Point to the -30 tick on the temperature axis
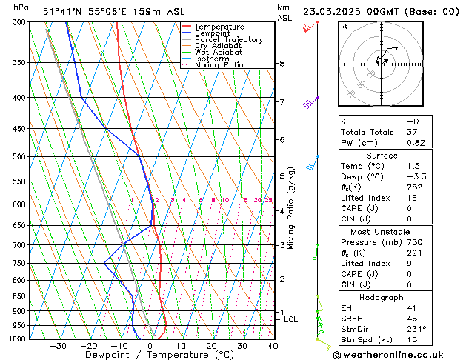(x=58, y=346)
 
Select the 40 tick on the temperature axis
(x=273, y=346)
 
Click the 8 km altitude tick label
(x=282, y=64)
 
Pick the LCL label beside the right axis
(x=290, y=319)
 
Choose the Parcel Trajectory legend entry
(x=228, y=40)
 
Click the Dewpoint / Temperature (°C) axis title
(x=150, y=355)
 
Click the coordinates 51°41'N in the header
(x=62, y=12)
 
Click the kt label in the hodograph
(x=344, y=26)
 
